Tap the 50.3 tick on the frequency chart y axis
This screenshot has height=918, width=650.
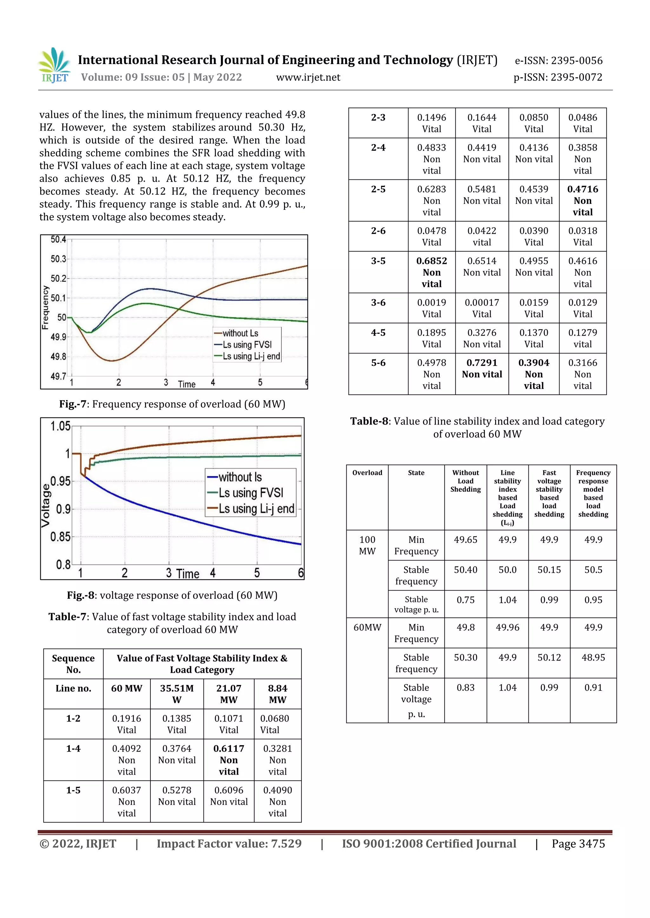click(58, 259)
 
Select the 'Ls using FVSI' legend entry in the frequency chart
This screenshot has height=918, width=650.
click(247, 345)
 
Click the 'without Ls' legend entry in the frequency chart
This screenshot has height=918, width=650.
click(240, 333)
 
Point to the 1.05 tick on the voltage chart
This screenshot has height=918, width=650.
click(60, 426)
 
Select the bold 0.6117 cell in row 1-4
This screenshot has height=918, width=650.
click(229, 748)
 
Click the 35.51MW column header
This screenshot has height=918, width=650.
click(176, 694)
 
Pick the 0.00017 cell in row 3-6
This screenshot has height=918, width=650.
click(481, 303)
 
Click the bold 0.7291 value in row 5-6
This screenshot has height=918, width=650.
click(481, 363)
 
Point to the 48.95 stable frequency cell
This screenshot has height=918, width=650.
click(593, 657)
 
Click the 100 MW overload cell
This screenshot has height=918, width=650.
click(367, 545)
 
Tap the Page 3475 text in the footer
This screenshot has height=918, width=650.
click(578, 844)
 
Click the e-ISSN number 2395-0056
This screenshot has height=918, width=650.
click(576, 61)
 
